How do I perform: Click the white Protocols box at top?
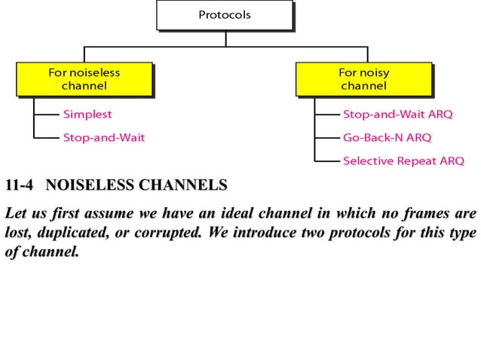coord(224,14)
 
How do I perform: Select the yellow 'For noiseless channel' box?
coord(84,79)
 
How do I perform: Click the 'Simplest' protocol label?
coord(87,115)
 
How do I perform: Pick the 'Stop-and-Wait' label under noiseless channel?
coord(103,138)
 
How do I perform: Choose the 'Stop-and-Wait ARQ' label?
coord(397,115)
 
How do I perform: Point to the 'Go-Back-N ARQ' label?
coord(387,138)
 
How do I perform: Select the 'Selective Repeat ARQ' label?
coord(403,160)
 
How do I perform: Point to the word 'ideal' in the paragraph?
coord(241,213)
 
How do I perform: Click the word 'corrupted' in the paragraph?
coord(168,233)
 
